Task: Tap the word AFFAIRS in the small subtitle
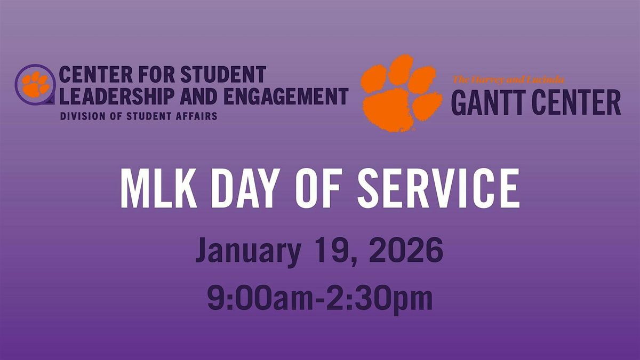tap(198, 115)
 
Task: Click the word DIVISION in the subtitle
tap(82, 115)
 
